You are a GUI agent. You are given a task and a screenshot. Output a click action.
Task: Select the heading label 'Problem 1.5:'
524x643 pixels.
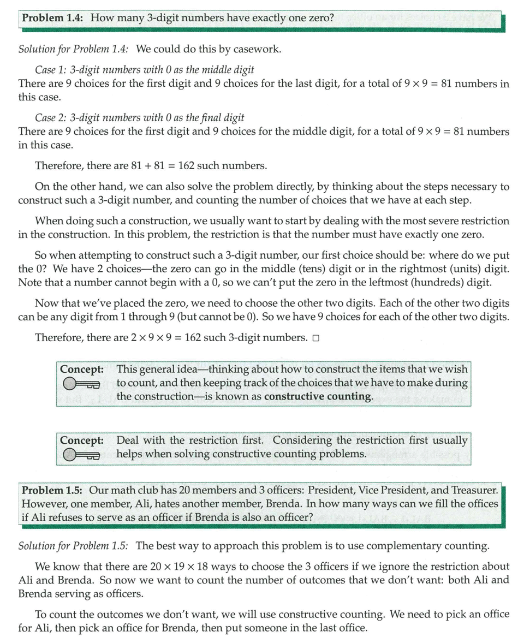pos(52,491)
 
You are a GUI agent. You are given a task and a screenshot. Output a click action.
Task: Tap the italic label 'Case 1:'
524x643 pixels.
pos(52,70)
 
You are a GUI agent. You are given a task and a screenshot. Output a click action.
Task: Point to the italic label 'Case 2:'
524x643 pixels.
pos(52,117)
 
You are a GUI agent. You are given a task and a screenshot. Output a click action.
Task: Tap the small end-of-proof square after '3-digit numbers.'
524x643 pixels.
pos(316,338)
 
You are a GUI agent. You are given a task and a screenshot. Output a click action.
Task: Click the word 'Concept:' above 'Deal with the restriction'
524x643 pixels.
pos(82,440)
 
